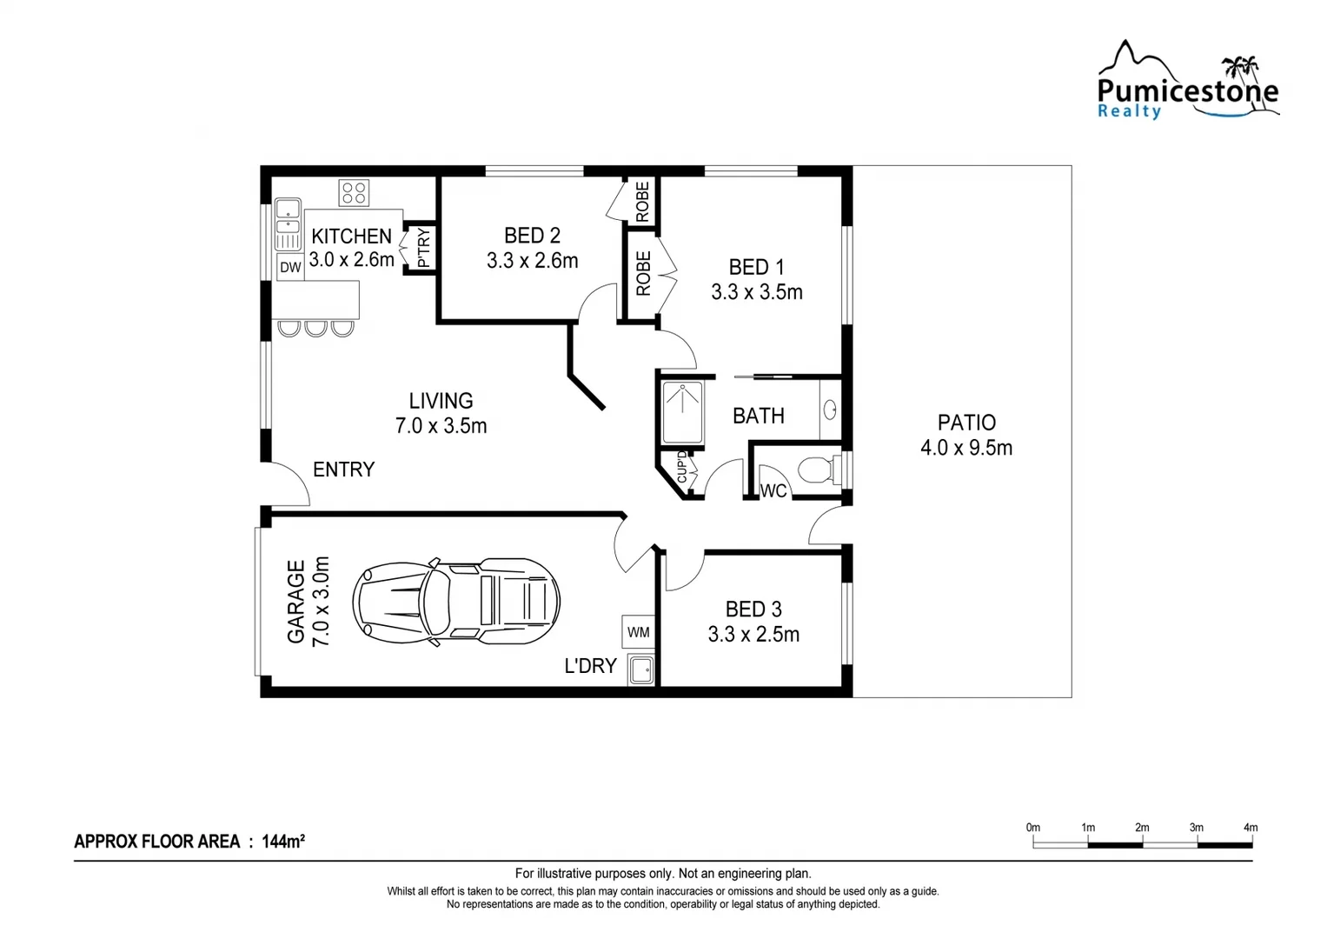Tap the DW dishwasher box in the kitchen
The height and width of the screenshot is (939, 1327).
(x=290, y=267)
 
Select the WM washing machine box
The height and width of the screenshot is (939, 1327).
(x=638, y=632)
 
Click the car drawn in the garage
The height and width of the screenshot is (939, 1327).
(x=456, y=602)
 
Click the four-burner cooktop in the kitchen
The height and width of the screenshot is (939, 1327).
(x=354, y=192)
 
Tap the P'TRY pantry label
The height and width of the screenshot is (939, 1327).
(x=423, y=247)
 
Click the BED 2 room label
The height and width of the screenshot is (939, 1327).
(x=532, y=236)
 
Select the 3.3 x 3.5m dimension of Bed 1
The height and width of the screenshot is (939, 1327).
(x=756, y=292)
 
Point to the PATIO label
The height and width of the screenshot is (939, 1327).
(x=966, y=423)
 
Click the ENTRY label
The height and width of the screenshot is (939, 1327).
(x=343, y=469)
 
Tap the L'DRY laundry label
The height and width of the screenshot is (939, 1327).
(x=590, y=666)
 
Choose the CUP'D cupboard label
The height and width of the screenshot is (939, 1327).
(x=681, y=467)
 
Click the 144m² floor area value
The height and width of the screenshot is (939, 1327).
(x=282, y=841)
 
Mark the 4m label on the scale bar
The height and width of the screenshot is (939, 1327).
(x=1250, y=828)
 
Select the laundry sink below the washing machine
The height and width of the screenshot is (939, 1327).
(x=641, y=670)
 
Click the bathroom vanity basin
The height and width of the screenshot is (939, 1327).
(x=830, y=410)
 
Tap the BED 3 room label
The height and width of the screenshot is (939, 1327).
(x=753, y=609)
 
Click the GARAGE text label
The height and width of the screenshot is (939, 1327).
(x=296, y=602)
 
